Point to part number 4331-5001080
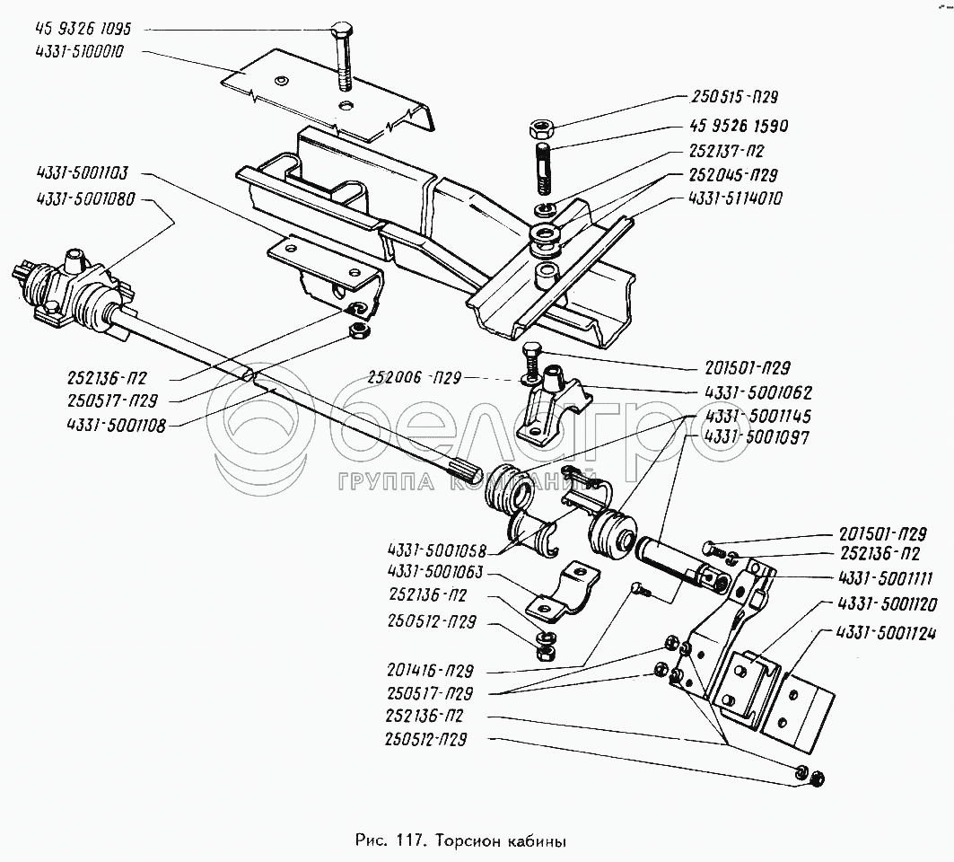click(82, 199)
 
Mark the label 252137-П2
click(728, 151)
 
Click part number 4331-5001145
click(746, 416)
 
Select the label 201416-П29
click(432, 671)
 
